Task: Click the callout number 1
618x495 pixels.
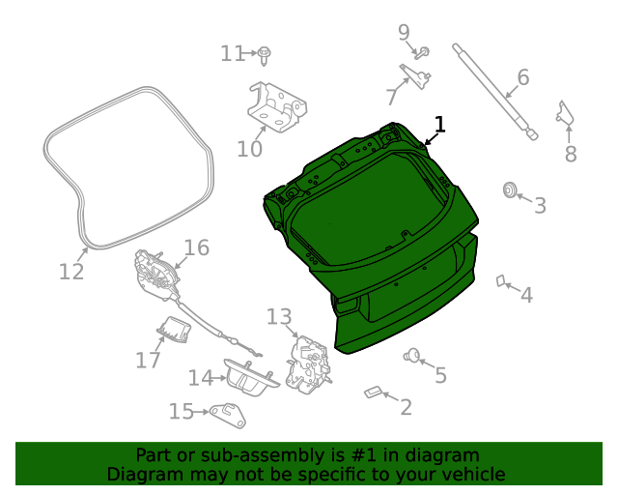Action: click(x=440, y=125)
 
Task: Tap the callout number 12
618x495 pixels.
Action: click(x=71, y=272)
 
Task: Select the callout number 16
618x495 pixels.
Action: click(x=196, y=247)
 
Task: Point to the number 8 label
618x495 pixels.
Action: click(x=571, y=154)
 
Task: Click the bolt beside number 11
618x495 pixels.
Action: click(x=264, y=55)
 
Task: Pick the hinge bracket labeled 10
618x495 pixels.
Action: click(x=277, y=106)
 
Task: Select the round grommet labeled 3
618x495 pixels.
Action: click(x=510, y=189)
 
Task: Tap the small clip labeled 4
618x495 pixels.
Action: click(x=501, y=280)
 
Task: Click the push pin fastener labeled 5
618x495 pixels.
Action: click(x=412, y=355)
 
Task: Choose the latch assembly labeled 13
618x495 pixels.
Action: click(x=308, y=364)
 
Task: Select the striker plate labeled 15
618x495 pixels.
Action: click(x=228, y=416)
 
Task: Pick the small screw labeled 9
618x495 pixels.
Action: click(x=422, y=53)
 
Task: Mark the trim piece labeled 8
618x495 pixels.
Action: click(x=565, y=113)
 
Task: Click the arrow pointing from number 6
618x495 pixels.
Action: click(x=513, y=92)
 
